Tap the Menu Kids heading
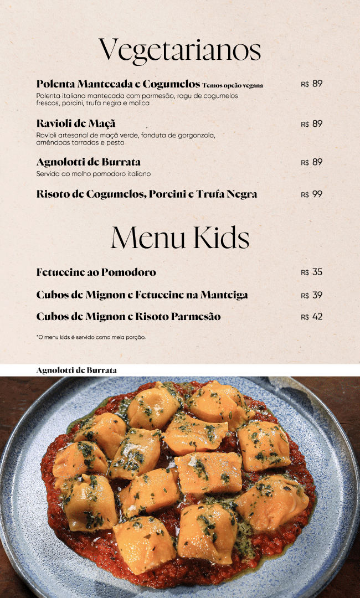point(180,238)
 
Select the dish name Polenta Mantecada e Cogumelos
point(118,84)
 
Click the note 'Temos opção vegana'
point(233,85)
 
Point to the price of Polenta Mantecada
point(311,84)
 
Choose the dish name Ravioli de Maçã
point(76,123)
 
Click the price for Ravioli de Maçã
point(311,124)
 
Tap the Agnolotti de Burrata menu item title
point(89,162)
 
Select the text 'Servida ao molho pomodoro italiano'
point(94,174)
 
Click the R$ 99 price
point(311,194)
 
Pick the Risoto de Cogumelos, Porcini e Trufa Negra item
point(147,194)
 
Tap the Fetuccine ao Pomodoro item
point(96,272)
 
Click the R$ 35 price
point(311,272)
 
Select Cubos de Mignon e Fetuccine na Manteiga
point(142,295)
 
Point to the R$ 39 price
point(311,295)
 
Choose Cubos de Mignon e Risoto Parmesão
point(128,317)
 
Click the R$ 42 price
point(311,317)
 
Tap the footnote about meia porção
point(91,337)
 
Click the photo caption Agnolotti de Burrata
point(76,370)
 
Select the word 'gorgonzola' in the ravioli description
point(196,135)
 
